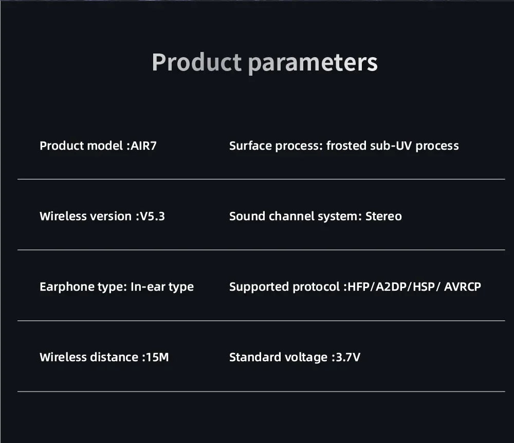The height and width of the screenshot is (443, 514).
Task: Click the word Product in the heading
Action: tap(196, 63)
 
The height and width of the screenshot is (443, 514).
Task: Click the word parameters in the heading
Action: tap(313, 63)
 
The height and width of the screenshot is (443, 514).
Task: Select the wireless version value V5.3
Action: tap(152, 216)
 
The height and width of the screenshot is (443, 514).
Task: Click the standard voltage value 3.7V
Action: tap(348, 357)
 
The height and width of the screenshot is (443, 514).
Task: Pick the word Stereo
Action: tap(383, 216)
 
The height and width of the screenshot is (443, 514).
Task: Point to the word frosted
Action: tap(346, 146)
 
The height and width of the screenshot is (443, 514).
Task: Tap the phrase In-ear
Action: tap(148, 287)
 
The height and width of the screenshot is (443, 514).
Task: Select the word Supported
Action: tap(259, 287)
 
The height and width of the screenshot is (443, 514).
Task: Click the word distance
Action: tap(114, 357)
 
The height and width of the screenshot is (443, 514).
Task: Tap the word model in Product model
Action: tap(104, 146)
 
